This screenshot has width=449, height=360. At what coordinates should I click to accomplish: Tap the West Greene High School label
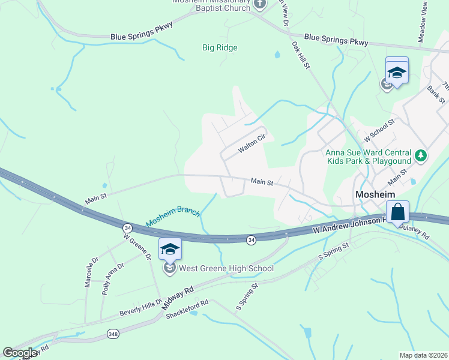click(x=226, y=268)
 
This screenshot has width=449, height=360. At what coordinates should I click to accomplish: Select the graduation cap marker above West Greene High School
click(x=170, y=248)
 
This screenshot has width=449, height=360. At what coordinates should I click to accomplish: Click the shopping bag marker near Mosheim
click(x=397, y=212)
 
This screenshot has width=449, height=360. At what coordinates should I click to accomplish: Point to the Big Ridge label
click(x=220, y=48)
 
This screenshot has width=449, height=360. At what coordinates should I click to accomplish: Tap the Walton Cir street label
click(x=252, y=144)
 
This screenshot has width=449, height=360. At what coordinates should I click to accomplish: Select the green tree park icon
click(x=421, y=157)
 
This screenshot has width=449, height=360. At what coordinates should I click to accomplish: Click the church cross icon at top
click(x=260, y=5)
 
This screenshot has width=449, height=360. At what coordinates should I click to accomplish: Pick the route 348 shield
click(x=112, y=333)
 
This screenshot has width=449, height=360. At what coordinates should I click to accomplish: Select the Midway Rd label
click(x=178, y=297)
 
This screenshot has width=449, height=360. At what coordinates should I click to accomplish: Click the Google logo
click(x=20, y=353)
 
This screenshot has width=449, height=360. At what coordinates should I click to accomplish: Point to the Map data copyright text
click(x=423, y=355)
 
